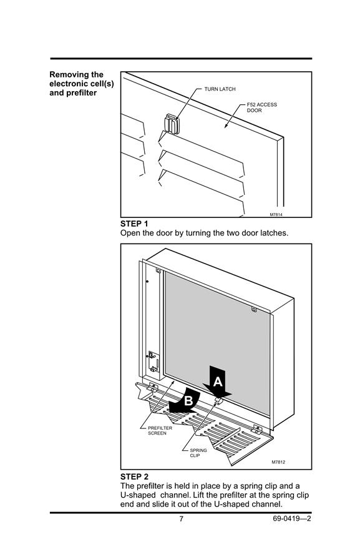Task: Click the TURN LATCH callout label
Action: tap(220, 89)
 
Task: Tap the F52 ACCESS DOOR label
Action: tap(261, 107)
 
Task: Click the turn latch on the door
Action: tap(172, 124)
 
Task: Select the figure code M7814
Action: tap(276, 215)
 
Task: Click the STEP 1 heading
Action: tap(134, 224)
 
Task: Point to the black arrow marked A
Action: tap(217, 382)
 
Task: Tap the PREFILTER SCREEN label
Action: tap(160, 430)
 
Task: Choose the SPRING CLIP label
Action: tap(198, 453)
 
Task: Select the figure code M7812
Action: tap(278, 462)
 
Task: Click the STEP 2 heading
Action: tap(134, 476)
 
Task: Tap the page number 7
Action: tap(181, 519)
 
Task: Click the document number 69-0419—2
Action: tap(292, 519)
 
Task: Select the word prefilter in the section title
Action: tap(82, 93)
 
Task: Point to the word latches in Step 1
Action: tap(274, 233)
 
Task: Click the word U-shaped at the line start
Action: tap(138, 496)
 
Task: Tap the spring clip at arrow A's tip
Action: tap(219, 401)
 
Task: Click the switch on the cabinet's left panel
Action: tap(152, 355)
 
